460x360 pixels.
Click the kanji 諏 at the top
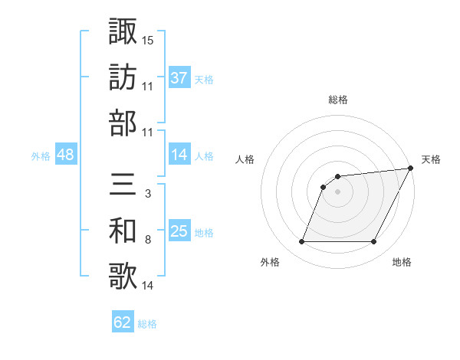coord(122,31)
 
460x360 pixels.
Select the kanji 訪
coord(122,77)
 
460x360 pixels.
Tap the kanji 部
coord(122,123)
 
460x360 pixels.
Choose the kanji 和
coord(122,231)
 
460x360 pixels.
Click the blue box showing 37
coord(179,77)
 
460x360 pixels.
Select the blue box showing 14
coord(179,155)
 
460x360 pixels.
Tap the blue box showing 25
coord(179,231)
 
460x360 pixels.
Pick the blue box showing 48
coord(66,155)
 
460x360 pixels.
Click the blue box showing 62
coord(123,322)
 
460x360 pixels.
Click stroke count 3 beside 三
coord(147,195)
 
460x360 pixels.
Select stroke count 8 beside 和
coord(147,240)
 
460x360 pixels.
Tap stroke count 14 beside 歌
coord(148,286)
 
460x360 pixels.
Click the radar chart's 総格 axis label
coord(338,100)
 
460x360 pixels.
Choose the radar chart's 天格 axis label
coord(431,159)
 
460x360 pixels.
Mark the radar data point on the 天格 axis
coord(412,169)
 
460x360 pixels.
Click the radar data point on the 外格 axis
coord(301,242)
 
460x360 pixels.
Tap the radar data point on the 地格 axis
coord(374,242)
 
